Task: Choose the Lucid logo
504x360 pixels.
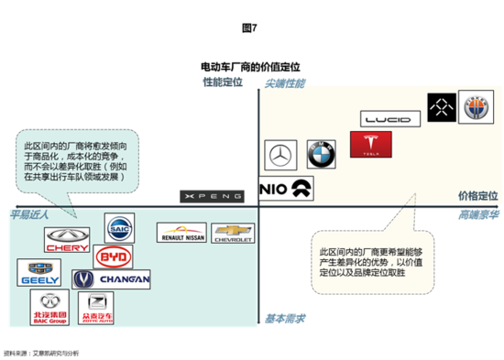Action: coord(392,118)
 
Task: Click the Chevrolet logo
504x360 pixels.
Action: coord(232,235)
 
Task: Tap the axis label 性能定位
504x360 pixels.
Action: coord(223,83)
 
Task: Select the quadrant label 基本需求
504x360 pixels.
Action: coord(285,319)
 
